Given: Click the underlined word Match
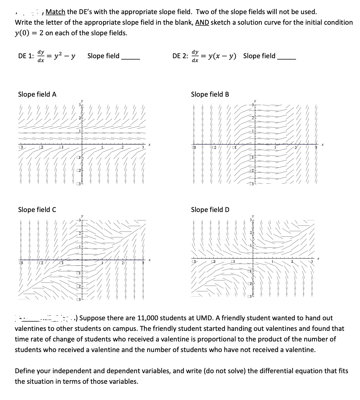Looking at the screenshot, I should tap(55, 12).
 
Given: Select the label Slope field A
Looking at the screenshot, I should tap(37, 94).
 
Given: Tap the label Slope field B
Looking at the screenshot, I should tap(210, 94).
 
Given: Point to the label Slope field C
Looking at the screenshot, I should tap(37, 210).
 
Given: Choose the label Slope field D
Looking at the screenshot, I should tap(210, 210).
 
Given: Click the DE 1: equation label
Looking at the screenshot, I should tap(26, 56).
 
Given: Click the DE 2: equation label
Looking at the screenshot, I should tap(180, 56).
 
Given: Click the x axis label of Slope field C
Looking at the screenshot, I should tap(150, 260).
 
